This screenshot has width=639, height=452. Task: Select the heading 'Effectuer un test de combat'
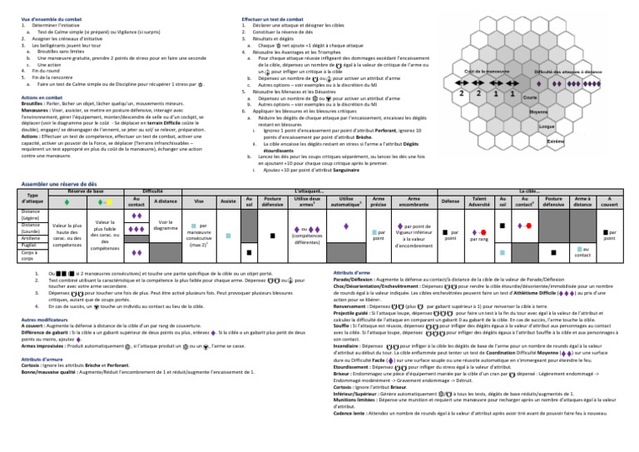(265, 4)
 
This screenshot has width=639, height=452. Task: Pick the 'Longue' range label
(547, 126)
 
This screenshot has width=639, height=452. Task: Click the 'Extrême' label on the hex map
(553, 142)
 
